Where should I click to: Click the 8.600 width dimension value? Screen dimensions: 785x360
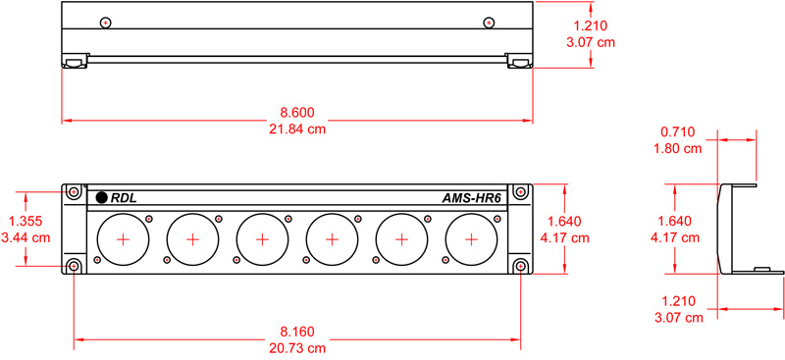pyautogui.click(x=297, y=112)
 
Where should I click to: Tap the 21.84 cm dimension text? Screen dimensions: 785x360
pyautogui.click(x=297, y=129)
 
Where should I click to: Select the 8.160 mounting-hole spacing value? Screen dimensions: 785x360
pyautogui.click(x=297, y=332)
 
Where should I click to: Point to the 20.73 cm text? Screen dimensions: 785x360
pyautogui.click(x=297, y=348)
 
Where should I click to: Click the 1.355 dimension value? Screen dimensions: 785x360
pyautogui.click(x=26, y=221)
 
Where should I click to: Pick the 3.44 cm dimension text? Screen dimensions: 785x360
pyautogui.click(x=26, y=236)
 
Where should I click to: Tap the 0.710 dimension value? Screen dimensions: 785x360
pyautogui.click(x=678, y=131)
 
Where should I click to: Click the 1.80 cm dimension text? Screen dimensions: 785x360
pyautogui.click(x=678, y=148)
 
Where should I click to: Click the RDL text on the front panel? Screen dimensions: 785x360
pyautogui.click(x=124, y=198)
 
